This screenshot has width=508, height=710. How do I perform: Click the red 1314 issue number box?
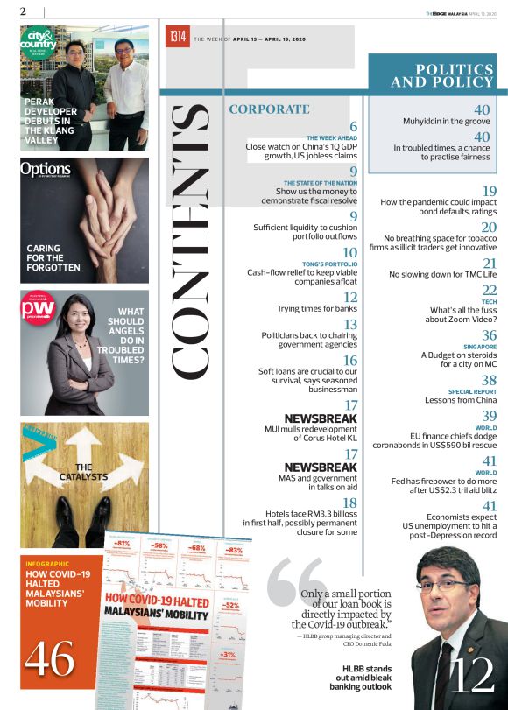coord(178,37)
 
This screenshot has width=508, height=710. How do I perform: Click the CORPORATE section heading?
coord(269,109)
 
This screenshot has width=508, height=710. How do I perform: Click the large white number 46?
coord(50,659)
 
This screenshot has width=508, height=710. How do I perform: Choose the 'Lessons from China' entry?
coord(461,399)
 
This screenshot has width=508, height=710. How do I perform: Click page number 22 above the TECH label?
coord(490,290)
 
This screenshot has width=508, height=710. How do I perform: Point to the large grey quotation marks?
coord(295,579)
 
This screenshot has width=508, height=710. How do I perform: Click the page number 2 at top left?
coord(23,11)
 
